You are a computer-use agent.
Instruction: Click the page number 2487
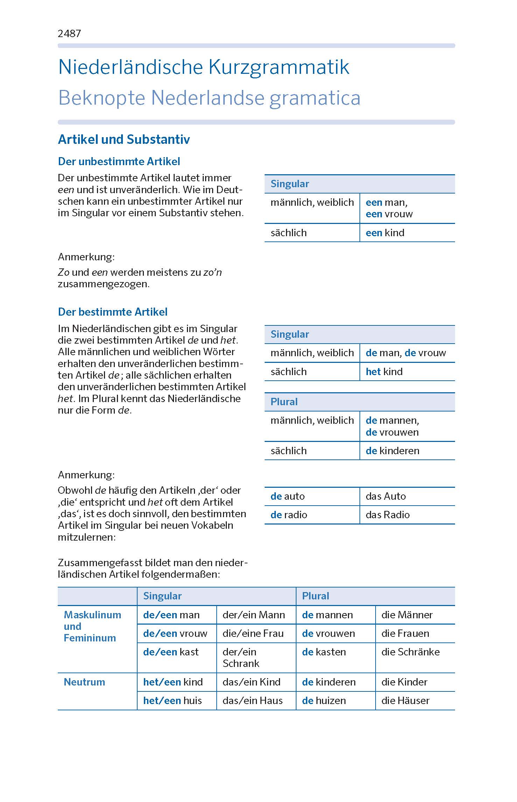pos(69,34)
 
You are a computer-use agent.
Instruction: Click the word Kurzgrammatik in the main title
pos(279,67)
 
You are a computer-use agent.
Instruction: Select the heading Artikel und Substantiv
pos(124,139)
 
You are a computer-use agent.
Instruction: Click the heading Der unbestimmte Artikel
pos(119,162)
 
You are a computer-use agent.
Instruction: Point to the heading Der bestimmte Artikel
pos(113,312)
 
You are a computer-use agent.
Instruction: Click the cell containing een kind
pos(385,233)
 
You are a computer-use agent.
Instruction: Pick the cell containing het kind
pos(384,372)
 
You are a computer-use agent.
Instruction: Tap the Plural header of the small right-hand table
pos(284,402)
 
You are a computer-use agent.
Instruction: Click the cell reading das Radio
pos(387,515)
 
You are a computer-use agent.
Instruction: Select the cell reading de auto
pos(287,496)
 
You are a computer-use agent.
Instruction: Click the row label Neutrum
pos(84,682)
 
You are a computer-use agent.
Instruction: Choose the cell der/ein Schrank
pos(241,657)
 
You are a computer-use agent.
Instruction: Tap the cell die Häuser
pos(405,701)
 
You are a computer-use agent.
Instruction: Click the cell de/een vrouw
pos(175,633)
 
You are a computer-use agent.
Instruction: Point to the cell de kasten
pos(324,652)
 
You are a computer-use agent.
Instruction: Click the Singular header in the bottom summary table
pos(162,596)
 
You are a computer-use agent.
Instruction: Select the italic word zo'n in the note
pos(212,272)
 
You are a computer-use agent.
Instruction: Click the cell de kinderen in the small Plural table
pos(392,451)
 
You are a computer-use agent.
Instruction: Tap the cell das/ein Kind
pos(251,682)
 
